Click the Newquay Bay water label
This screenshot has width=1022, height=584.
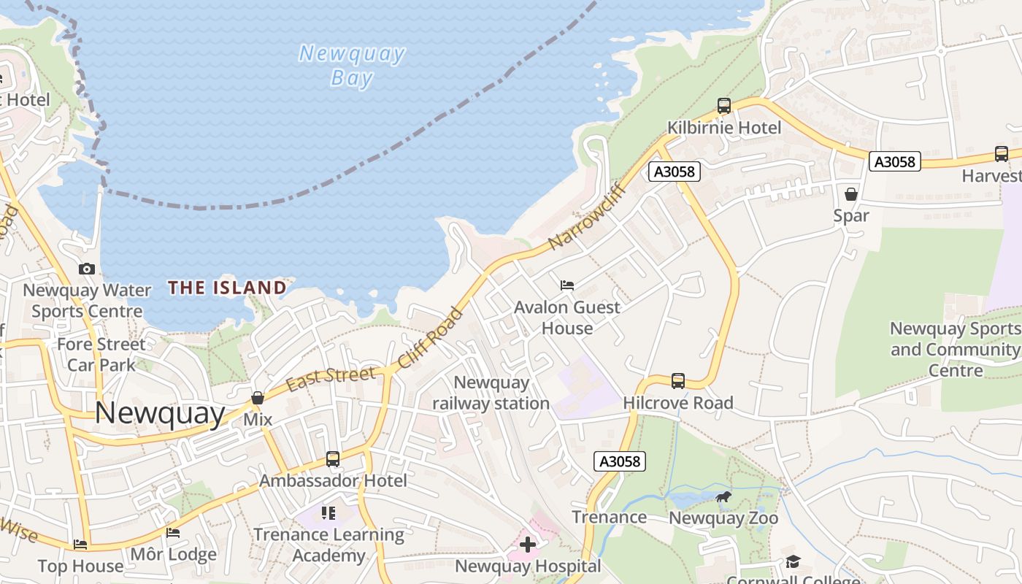pyautogui.click(x=352, y=66)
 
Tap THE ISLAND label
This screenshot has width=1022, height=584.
pyautogui.click(x=227, y=288)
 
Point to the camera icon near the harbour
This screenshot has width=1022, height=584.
pyautogui.click(x=87, y=269)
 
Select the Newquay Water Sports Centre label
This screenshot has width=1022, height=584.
pyautogui.click(x=87, y=301)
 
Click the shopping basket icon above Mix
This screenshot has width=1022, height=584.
pyautogui.click(x=258, y=398)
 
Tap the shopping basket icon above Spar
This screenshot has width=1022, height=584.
pyautogui.click(x=851, y=194)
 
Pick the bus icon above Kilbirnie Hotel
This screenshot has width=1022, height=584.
pyautogui.click(x=724, y=106)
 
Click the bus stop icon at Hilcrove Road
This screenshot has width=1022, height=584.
pyautogui.click(x=678, y=381)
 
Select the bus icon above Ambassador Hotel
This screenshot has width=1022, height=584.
pyautogui.click(x=333, y=459)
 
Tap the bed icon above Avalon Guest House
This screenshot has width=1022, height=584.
pyautogui.click(x=567, y=285)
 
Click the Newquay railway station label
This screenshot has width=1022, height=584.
pyautogui.click(x=491, y=393)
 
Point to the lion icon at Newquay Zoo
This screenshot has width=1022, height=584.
pyautogui.click(x=723, y=498)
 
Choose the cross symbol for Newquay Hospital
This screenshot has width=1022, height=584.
pyautogui.click(x=528, y=545)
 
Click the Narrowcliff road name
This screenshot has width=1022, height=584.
pyautogui.click(x=583, y=216)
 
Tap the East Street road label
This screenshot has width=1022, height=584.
pyautogui.click(x=331, y=378)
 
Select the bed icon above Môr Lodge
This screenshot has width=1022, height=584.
pyautogui.click(x=173, y=533)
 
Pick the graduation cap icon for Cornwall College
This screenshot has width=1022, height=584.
pyautogui.click(x=793, y=561)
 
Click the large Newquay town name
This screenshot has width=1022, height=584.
pyautogui.click(x=160, y=414)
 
